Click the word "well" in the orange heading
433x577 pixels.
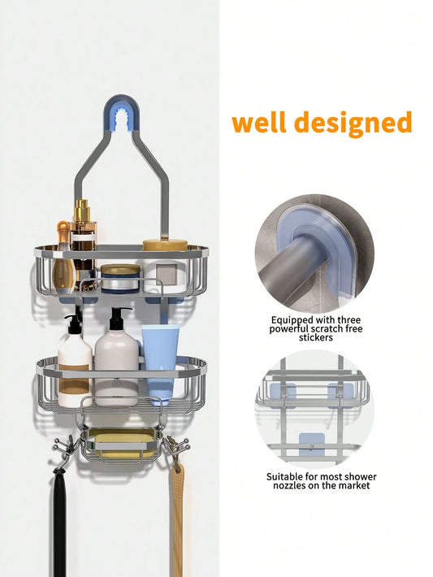click(259, 123)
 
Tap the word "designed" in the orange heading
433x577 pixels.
click(353, 124)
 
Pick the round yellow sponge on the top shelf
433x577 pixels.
click(165, 245)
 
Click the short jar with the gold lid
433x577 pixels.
click(120, 278)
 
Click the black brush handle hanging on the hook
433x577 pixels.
click(60, 523)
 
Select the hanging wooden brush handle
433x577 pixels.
click(176, 523)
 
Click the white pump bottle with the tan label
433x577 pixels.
click(75, 371)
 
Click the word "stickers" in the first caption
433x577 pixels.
click(316, 337)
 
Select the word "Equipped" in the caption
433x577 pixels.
click(292, 320)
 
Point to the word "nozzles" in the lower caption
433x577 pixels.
click(292, 485)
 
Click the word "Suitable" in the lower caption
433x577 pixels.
click(284, 477)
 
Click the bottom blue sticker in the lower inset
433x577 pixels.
click(312, 445)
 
